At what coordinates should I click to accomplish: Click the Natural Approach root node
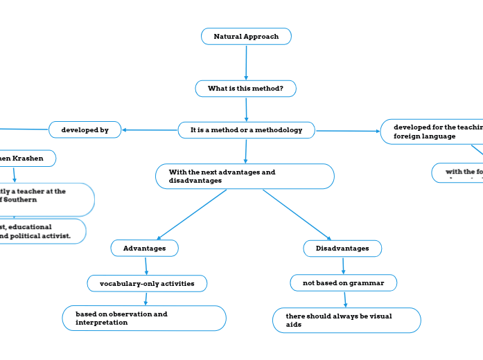click(246, 36)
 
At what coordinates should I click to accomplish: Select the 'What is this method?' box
click(245, 89)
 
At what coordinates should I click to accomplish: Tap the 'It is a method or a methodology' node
click(246, 129)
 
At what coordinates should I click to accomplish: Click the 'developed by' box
click(85, 129)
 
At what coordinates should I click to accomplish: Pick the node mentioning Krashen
click(25, 159)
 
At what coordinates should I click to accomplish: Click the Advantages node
click(144, 248)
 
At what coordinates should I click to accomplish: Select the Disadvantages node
click(342, 248)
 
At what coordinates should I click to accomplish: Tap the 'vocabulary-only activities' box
click(147, 283)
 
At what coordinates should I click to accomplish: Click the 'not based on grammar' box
click(342, 282)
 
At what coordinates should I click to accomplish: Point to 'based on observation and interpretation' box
click(144, 318)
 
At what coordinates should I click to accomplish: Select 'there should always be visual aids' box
click(346, 320)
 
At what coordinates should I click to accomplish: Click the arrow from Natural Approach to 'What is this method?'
click(246, 62)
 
